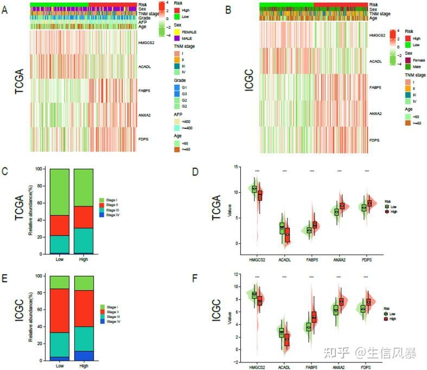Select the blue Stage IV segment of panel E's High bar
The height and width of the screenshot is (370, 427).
(84, 355)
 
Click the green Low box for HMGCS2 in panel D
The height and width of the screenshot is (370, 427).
(253, 189)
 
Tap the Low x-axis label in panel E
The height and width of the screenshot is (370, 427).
(60, 366)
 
